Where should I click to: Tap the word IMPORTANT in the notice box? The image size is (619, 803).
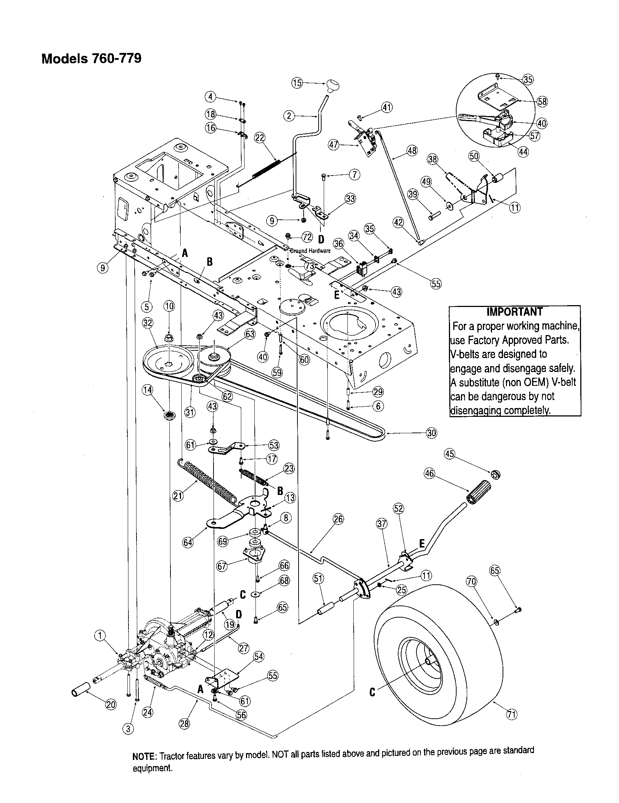(x=514, y=312)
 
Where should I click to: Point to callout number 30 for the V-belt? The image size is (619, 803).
(x=431, y=433)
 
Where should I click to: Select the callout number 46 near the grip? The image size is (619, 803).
(x=429, y=474)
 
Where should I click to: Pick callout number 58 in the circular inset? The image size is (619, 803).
(x=542, y=101)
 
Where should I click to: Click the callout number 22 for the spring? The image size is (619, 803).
(x=259, y=138)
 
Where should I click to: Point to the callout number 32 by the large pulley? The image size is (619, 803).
(x=148, y=323)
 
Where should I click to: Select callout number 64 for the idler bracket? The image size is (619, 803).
(x=188, y=542)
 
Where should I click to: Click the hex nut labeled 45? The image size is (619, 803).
(x=496, y=474)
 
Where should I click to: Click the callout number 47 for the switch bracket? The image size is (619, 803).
(x=333, y=145)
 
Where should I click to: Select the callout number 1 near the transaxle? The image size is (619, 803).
(x=100, y=635)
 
